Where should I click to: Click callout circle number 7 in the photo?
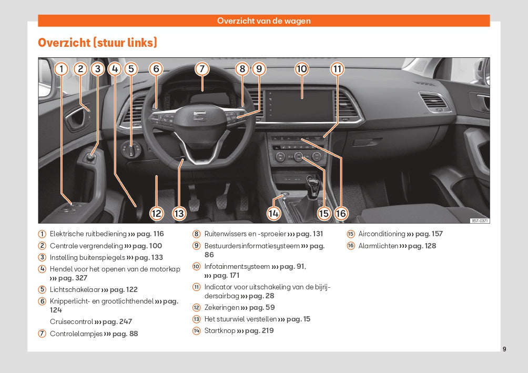click(x=201, y=68)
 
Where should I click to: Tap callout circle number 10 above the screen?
click(x=301, y=68)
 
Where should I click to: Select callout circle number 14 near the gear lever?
click(x=273, y=213)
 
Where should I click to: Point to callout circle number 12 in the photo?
click(x=156, y=213)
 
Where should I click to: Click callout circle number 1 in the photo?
click(x=62, y=68)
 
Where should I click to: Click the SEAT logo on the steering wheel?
click(x=199, y=115)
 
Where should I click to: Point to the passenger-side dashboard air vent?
click(x=433, y=102)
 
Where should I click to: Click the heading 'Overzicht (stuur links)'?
click(x=97, y=43)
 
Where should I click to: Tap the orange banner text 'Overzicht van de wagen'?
click(x=264, y=21)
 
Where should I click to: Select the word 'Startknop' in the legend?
click(x=220, y=330)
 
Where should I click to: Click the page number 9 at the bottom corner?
click(x=504, y=349)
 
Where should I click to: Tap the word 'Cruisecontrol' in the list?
click(x=72, y=321)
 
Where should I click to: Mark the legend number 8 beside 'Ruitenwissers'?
click(x=196, y=234)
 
